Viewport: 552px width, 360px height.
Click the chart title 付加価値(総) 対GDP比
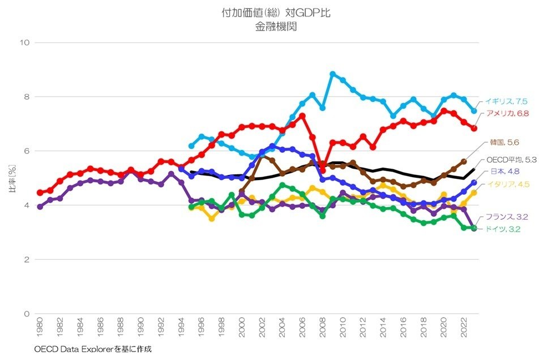276,13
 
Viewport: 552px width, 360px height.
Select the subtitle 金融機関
276,27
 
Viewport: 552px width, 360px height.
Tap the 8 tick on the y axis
26,97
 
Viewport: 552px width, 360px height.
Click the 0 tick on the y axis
26,314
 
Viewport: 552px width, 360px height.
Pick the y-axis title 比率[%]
12,178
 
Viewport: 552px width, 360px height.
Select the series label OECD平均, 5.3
511,160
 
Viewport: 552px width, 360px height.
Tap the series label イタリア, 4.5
508,184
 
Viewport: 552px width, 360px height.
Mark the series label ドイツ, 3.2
504,229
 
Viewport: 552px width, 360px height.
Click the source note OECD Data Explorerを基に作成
93,349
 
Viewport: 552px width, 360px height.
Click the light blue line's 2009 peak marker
333,74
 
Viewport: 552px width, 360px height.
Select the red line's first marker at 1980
40,192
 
